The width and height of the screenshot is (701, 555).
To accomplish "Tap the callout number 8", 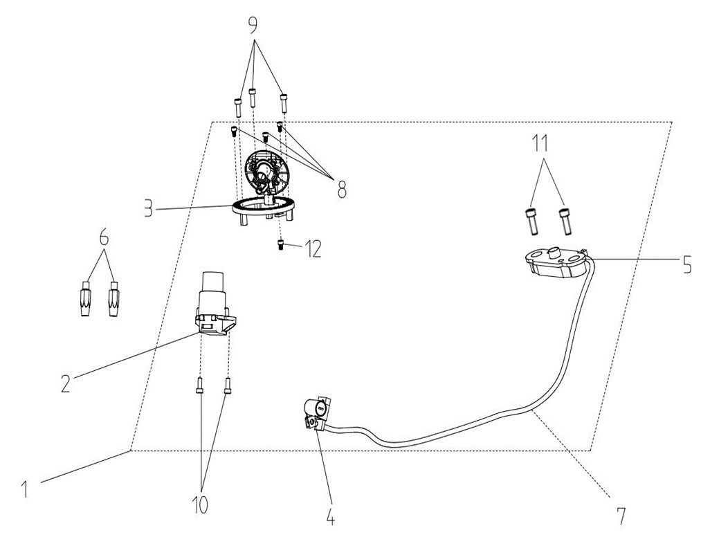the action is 342,190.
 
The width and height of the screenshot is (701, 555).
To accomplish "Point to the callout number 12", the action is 313,249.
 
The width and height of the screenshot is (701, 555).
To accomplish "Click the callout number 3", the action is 148,209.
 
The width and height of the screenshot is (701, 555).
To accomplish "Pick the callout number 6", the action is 104,237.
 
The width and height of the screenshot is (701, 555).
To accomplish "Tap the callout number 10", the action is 200,505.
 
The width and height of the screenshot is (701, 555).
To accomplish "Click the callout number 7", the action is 621,516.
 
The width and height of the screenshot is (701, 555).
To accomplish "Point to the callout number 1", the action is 26,489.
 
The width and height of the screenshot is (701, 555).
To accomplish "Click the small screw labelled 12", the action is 281,245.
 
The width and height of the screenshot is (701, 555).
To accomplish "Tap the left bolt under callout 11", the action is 531,221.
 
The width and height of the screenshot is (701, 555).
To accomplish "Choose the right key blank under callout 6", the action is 113,299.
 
